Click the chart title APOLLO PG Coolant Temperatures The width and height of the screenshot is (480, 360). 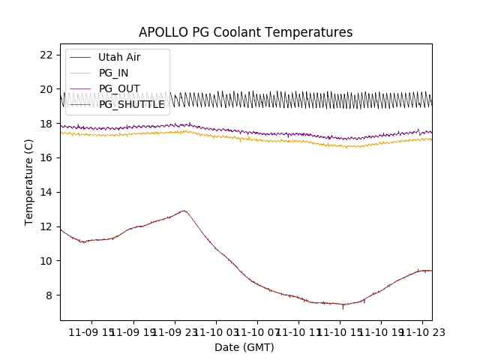[245, 32]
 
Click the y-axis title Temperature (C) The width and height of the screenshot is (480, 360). [29, 181]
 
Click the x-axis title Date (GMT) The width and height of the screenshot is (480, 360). [244, 347]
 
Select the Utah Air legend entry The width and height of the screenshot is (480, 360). [119, 57]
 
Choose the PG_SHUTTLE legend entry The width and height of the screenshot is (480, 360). [131, 104]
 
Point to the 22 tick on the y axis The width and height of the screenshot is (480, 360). [46, 55]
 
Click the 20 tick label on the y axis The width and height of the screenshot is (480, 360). [46, 89]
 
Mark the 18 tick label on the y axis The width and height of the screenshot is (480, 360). [46, 124]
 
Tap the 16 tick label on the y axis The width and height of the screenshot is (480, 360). [46, 157]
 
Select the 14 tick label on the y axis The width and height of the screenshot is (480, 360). [46, 192]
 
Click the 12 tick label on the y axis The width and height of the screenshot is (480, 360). [46, 226]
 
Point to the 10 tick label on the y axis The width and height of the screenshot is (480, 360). [46, 261]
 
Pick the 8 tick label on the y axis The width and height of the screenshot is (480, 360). [49, 295]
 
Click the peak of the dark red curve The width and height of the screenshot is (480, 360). [183, 211]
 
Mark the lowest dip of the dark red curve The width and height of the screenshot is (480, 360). [343, 307]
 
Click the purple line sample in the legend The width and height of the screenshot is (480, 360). [80, 88]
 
